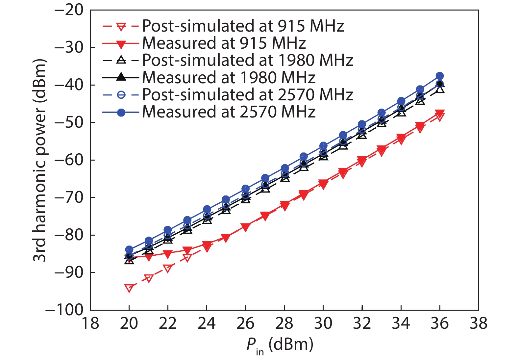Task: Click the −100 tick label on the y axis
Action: (x=64, y=310)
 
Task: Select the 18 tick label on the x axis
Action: (x=90, y=323)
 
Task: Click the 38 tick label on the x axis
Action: (x=479, y=323)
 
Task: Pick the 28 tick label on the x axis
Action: (x=284, y=323)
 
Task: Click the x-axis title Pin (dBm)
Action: (x=280, y=346)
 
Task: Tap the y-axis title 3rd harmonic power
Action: (x=40, y=160)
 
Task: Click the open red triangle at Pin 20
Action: (x=129, y=288)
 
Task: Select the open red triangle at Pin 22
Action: (x=168, y=269)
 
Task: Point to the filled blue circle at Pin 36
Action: (x=440, y=76)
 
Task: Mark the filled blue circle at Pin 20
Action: (x=129, y=250)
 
